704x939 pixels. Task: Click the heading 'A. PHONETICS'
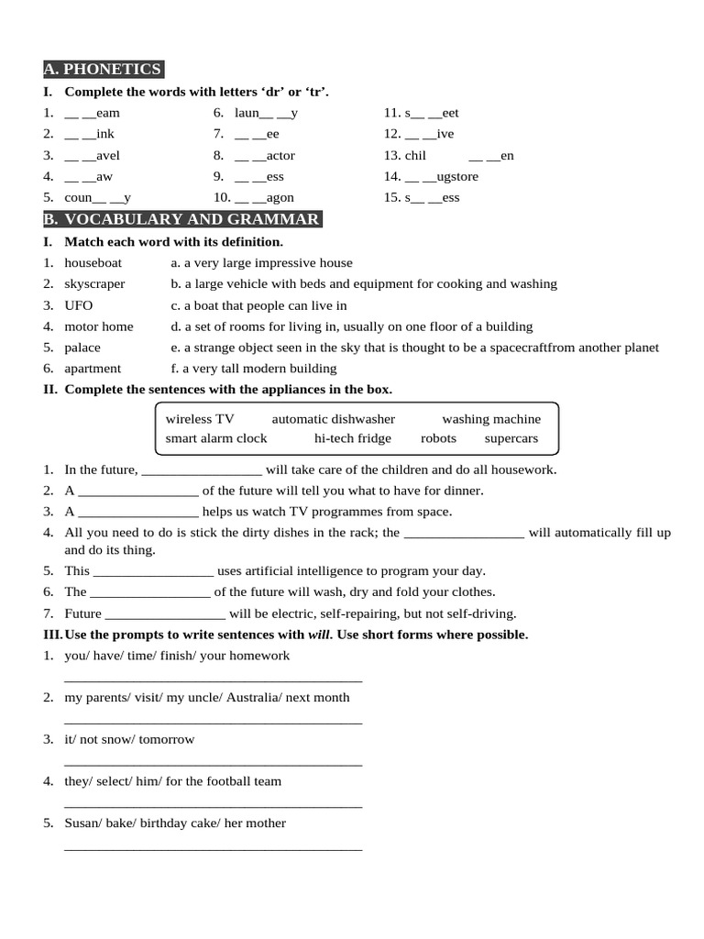coord(103,70)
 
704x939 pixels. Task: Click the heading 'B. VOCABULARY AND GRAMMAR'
coord(182,219)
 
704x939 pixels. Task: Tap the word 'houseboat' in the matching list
coord(93,263)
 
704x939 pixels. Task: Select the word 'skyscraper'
coord(94,284)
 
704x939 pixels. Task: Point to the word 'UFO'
coord(78,305)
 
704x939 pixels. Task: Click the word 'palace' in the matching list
coord(82,348)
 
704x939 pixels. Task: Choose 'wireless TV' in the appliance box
coord(200,419)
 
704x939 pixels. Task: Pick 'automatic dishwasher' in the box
coord(334,419)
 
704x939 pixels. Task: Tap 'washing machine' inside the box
coord(491,419)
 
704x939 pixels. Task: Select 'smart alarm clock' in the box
coord(216,438)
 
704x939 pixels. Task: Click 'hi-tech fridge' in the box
coord(353,438)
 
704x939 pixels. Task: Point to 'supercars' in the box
coord(511,438)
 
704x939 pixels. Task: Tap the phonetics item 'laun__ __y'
coord(266,113)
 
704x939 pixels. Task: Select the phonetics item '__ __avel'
coord(92,156)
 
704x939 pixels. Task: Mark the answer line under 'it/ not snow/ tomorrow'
coord(213,763)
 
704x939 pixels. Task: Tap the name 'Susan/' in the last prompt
coord(83,823)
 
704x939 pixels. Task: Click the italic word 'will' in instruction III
coord(318,635)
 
